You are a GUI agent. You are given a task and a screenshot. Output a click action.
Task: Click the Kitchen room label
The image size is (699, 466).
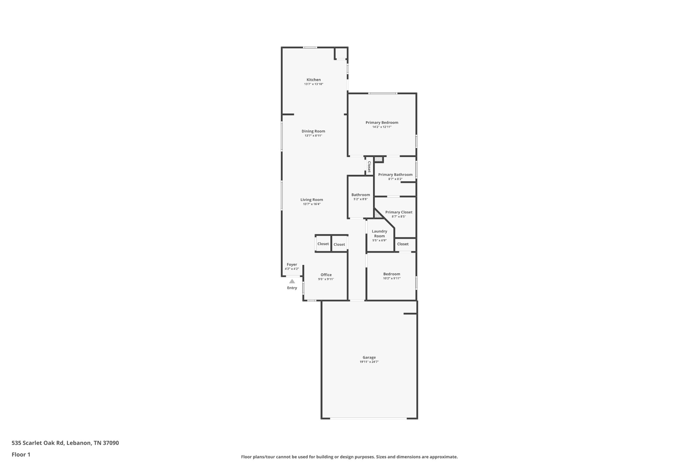pos(313,80)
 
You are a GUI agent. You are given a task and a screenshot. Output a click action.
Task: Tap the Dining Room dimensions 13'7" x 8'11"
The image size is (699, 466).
pos(313,136)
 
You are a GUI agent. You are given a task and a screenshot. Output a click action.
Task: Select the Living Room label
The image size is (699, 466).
pos(312,200)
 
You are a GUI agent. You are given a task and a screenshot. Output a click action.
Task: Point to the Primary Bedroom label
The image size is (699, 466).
pos(382,123)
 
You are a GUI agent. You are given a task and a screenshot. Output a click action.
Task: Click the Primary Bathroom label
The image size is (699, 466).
pos(395,174)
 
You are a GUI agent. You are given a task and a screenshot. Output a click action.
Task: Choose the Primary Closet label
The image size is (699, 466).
pos(399,212)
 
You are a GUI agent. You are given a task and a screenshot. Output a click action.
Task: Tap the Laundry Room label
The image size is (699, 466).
pos(379,234)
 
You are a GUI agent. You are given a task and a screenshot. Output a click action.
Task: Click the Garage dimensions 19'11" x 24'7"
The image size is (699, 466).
pos(369,362)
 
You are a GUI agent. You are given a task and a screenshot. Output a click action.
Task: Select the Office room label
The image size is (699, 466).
pos(326,275)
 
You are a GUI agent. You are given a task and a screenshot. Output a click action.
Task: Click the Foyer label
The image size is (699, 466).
pos(292,265)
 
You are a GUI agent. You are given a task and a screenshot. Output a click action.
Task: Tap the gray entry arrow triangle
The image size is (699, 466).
pos(292,281)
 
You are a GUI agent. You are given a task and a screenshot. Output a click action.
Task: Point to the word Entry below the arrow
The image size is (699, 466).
pos(292,288)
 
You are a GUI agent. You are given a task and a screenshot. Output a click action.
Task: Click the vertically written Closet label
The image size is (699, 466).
pos(369,167)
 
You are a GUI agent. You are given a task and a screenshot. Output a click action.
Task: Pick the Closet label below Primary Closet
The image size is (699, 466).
pos(403,244)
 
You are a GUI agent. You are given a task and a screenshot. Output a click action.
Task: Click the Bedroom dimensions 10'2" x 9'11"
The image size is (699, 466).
pos(391,279)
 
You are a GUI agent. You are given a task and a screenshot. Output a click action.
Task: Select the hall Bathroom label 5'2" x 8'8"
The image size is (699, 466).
pos(360,195)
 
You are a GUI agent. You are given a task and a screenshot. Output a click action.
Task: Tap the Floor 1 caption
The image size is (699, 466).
pos(21,454)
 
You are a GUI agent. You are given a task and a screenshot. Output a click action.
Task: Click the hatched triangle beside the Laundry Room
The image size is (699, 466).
pos(377,214)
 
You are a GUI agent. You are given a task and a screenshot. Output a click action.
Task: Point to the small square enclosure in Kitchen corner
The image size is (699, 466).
pos(341,53)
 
